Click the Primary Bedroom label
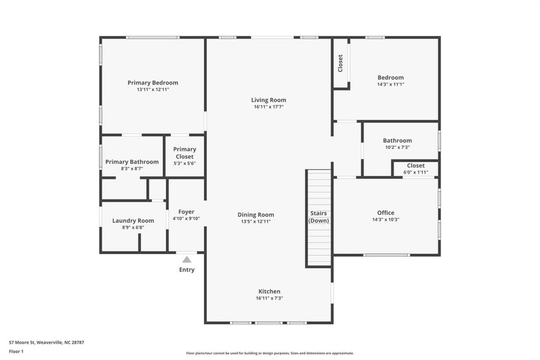(152, 83)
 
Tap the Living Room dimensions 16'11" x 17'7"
(268, 107)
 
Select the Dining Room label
(256, 215)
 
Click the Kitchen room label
(269, 292)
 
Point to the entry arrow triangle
(187, 260)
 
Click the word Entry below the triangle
(187, 270)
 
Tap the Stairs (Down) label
(319, 217)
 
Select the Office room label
(386, 212)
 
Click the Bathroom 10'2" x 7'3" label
(397, 140)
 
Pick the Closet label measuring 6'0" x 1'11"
(415, 166)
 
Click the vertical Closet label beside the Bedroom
(340, 64)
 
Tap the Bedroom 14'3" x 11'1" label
(391, 77)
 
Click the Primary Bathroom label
(132, 161)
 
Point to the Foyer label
(186, 212)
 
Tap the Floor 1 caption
(16, 351)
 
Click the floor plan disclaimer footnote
(269, 353)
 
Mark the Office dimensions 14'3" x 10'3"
(386, 220)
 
